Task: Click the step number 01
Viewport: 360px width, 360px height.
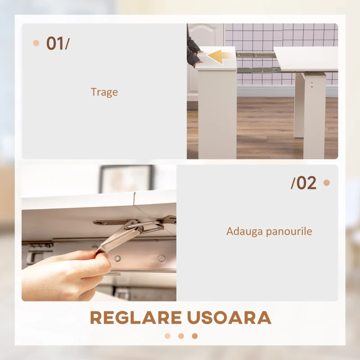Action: coord(54,44)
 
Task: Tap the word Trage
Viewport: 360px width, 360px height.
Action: coord(104,92)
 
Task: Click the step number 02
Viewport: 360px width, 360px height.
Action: coord(306,183)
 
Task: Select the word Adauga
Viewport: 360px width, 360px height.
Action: coord(243,232)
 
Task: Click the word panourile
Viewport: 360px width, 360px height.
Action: coord(288,232)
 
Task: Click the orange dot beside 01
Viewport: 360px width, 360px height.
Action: coord(36,43)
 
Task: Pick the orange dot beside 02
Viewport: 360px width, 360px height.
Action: coord(326,183)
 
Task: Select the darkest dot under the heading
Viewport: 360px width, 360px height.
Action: coord(194,336)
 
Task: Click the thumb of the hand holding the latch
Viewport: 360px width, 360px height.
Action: coord(101,257)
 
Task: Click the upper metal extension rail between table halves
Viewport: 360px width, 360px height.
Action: coord(255,55)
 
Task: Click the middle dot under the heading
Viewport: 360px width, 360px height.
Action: coord(181,336)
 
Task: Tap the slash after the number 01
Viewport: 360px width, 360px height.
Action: coord(67,44)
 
